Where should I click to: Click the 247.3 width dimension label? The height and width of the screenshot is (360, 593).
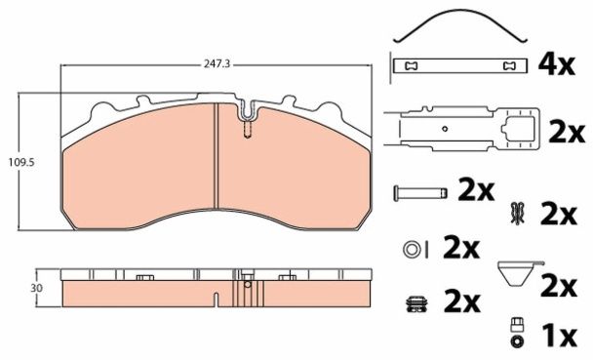(217, 64)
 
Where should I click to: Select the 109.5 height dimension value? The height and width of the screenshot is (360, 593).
(21, 162)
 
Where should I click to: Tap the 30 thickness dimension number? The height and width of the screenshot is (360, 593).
(37, 288)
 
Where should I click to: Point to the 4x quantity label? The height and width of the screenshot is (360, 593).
(556, 64)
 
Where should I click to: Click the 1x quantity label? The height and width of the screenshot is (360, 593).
(559, 337)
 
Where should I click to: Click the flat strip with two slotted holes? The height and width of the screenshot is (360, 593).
(460, 65)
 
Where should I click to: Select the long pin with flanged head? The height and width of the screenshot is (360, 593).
(420, 193)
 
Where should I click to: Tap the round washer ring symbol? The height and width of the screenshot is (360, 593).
(412, 249)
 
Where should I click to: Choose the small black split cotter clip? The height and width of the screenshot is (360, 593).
(517, 215)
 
